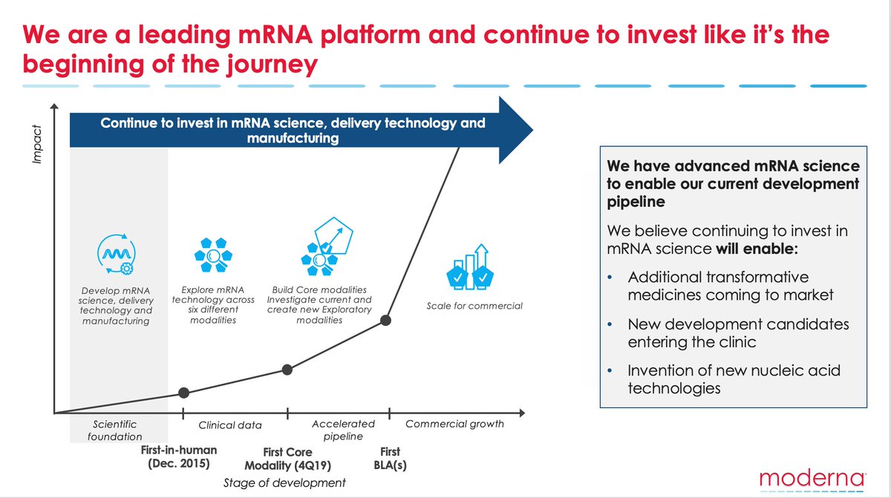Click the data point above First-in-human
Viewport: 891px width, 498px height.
(184, 393)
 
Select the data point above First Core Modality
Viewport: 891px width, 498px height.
(288, 369)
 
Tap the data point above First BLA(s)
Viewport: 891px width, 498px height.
(386, 320)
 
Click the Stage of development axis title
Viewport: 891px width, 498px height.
(284, 482)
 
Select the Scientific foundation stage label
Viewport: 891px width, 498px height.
(115, 430)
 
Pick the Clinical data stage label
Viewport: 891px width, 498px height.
(229, 425)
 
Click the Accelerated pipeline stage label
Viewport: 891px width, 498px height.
(343, 430)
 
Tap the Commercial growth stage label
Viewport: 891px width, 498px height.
(454, 424)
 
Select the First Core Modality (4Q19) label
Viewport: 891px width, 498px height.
(288, 459)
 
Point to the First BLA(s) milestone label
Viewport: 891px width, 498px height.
(389, 458)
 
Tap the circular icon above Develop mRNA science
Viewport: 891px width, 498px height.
(115, 255)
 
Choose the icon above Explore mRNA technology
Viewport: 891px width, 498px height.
(213, 257)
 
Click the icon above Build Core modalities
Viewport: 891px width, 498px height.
(322, 248)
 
